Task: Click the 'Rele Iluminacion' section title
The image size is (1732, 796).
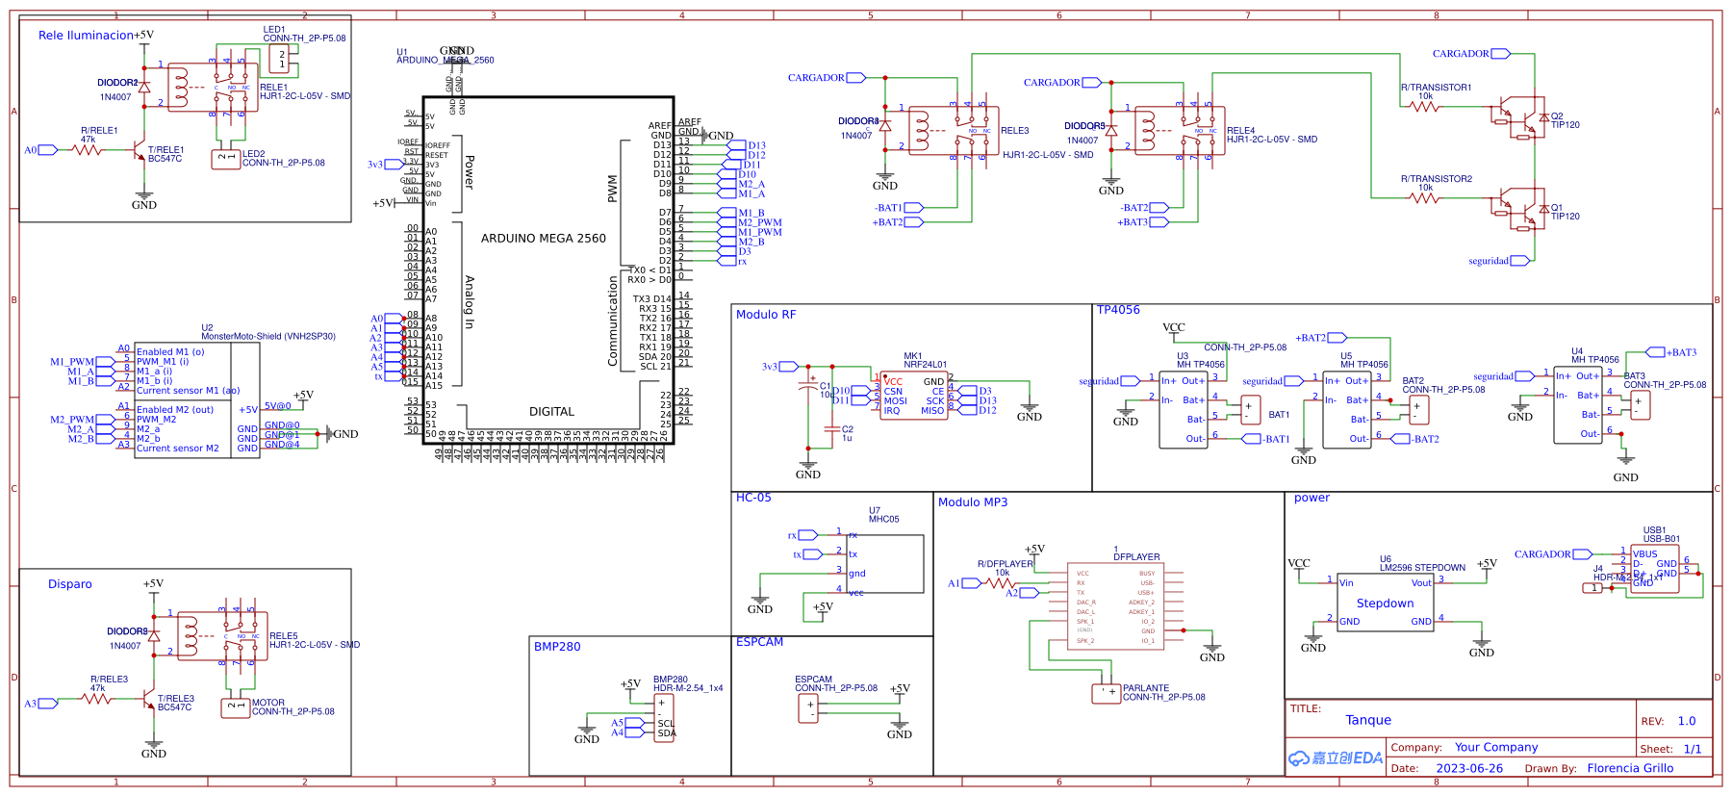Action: pyautogui.click(x=86, y=36)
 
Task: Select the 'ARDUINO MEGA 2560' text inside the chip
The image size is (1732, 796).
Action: pyautogui.click(x=543, y=239)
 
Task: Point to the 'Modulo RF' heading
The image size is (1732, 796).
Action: pyautogui.click(x=766, y=315)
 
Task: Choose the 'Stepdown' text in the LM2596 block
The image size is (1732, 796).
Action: pyautogui.click(x=1385, y=603)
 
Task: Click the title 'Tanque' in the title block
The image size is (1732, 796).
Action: pyautogui.click(x=1368, y=720)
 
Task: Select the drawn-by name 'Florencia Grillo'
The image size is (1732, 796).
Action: pyautogui.click(x=1630, y=768)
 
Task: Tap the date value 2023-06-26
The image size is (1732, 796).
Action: pyautogui.click(x=1469, y=768)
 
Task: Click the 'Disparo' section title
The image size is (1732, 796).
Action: pyautogui.click(x=70, y=584)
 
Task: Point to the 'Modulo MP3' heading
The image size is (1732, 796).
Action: pyautogui.click(x=973, y=502)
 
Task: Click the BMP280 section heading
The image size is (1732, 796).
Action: pyautogui.click(x=557, y=647)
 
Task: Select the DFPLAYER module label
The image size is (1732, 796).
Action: pyautogui.click(x=1136, y=556)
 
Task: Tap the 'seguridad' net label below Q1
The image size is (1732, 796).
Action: pyautogui.click(x=1489, y=261)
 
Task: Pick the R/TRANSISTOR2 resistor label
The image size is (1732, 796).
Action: pyautogui.click(x=1436, y=179)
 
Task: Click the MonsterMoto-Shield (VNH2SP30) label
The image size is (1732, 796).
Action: pyautogui.click(x=267, y=337)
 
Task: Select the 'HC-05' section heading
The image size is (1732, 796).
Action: pyautogui.click(x=753, y=498)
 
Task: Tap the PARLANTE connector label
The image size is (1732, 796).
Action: pyautogui.click(x=1145, y=688)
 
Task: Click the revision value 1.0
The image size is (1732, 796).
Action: pyautogui.click(x=1687, y=721)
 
